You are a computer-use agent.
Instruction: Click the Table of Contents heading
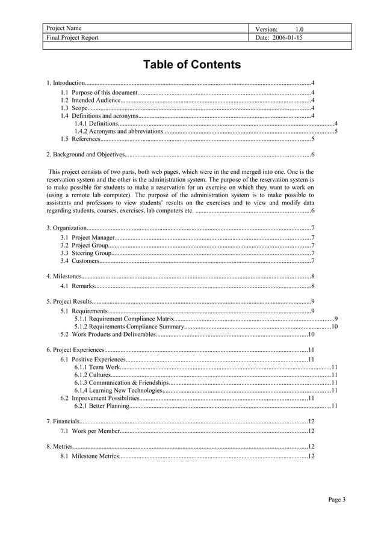[x=191, y=65]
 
